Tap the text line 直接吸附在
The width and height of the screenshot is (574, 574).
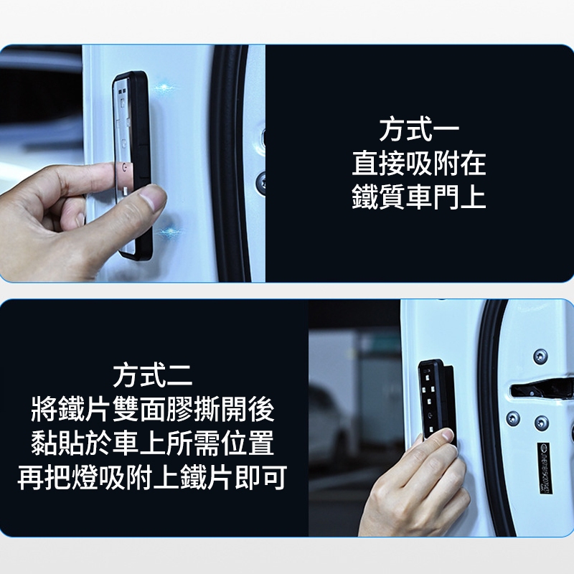418,164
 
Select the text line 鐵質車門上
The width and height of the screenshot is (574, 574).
418,198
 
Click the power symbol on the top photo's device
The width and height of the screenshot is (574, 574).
126,166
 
